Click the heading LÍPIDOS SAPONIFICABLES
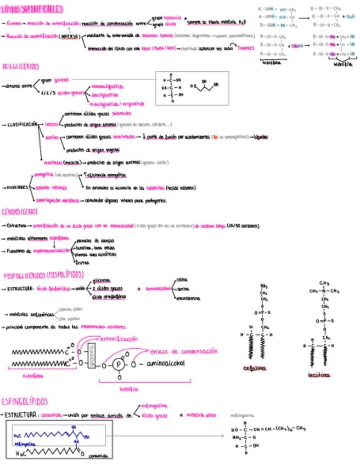[32, 9]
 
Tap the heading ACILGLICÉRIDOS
[21, 66]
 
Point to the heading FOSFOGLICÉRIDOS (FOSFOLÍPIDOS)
[44, 274]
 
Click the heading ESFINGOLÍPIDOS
[25, 401]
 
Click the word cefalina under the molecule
[254, 368]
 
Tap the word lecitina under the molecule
[319, 376]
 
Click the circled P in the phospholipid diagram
[116, 364]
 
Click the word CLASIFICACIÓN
[21, 124]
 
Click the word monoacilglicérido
[106, 86]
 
